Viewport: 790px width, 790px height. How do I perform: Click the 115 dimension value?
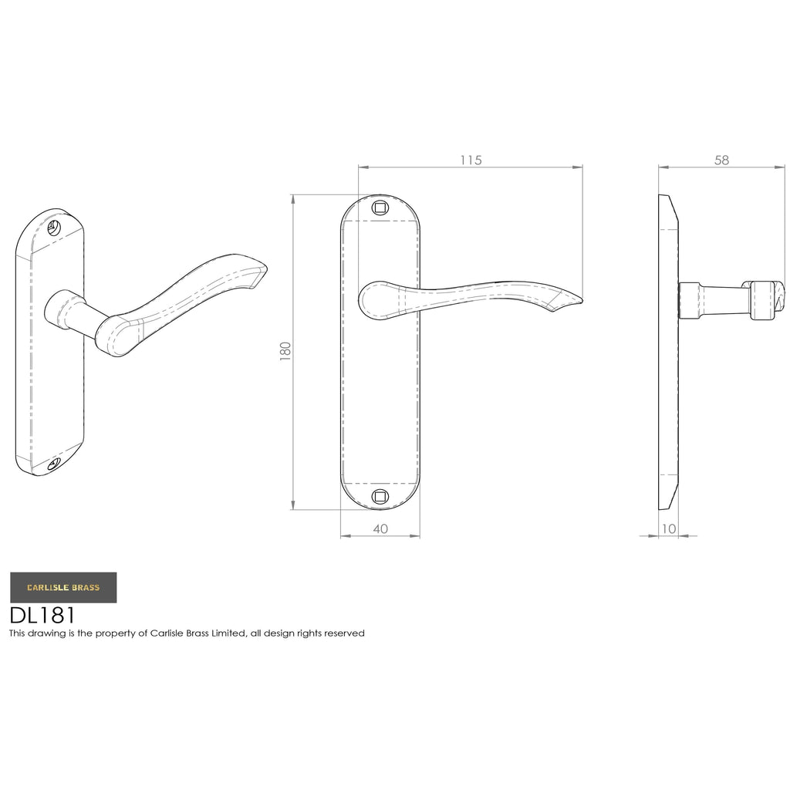coord(471,160)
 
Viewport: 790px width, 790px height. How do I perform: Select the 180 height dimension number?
coord(285,351)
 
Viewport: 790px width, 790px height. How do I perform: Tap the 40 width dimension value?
coord(380,528)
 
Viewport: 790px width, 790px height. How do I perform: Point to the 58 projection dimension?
coord(721,160)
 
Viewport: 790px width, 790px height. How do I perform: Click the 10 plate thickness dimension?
coord(669,528)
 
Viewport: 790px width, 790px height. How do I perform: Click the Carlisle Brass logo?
coord(63,587)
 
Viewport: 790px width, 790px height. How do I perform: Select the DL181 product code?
coord(42,615)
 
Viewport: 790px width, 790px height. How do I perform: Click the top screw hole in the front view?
coord(380,208)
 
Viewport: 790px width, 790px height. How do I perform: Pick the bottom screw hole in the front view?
coord(380,497)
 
